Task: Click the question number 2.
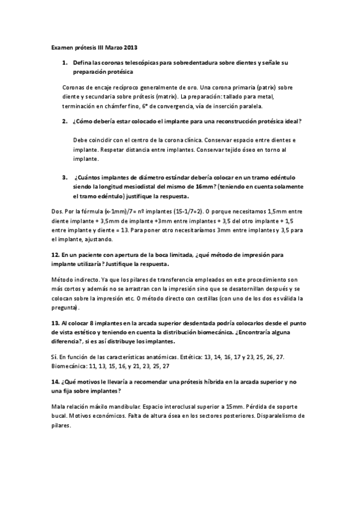coord(64,121)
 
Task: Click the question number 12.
coord(54,254)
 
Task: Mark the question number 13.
coord(54,323)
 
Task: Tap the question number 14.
coord(54,382)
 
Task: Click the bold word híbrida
coord(197,382)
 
